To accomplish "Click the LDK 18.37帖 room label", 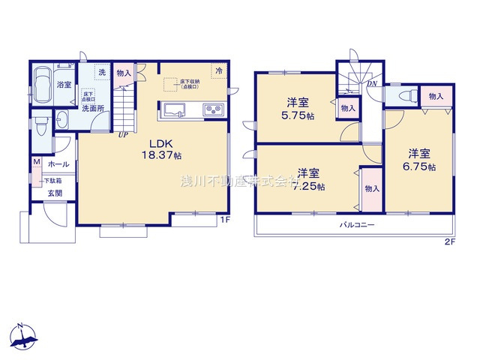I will click(164, 149).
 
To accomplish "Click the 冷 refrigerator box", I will click(219, 71).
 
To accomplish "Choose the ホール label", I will click(58, 164).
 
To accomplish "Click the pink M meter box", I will click(35, 163).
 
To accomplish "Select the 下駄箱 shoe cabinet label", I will click(52, 180).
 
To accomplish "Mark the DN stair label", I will click(371, 84).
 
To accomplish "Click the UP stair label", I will click(121, 136).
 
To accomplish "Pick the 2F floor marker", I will click(449, 242).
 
